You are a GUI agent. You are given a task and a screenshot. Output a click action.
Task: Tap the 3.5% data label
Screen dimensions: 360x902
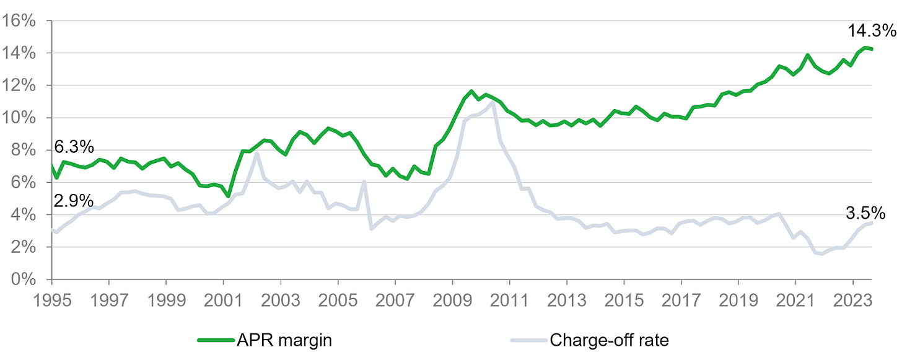(865, 213)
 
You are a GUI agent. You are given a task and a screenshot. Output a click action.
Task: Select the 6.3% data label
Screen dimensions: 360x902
(74, 147)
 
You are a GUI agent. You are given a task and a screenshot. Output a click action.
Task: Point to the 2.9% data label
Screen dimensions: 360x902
(74, 201)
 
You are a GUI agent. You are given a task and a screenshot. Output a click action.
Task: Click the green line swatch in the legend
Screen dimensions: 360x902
(215, 340)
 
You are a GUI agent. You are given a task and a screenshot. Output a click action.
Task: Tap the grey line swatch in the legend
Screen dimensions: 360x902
(527, 340)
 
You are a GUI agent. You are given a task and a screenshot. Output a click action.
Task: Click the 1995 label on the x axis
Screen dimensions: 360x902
(53, 299)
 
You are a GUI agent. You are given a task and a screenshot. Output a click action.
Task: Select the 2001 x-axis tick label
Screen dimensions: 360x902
(224, 299)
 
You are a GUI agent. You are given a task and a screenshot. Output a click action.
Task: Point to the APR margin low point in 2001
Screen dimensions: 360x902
(229, 196)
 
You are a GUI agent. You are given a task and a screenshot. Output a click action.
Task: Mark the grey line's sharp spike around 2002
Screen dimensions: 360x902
(256, 154)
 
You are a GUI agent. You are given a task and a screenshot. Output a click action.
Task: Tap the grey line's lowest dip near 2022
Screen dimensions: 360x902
(822, 253)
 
